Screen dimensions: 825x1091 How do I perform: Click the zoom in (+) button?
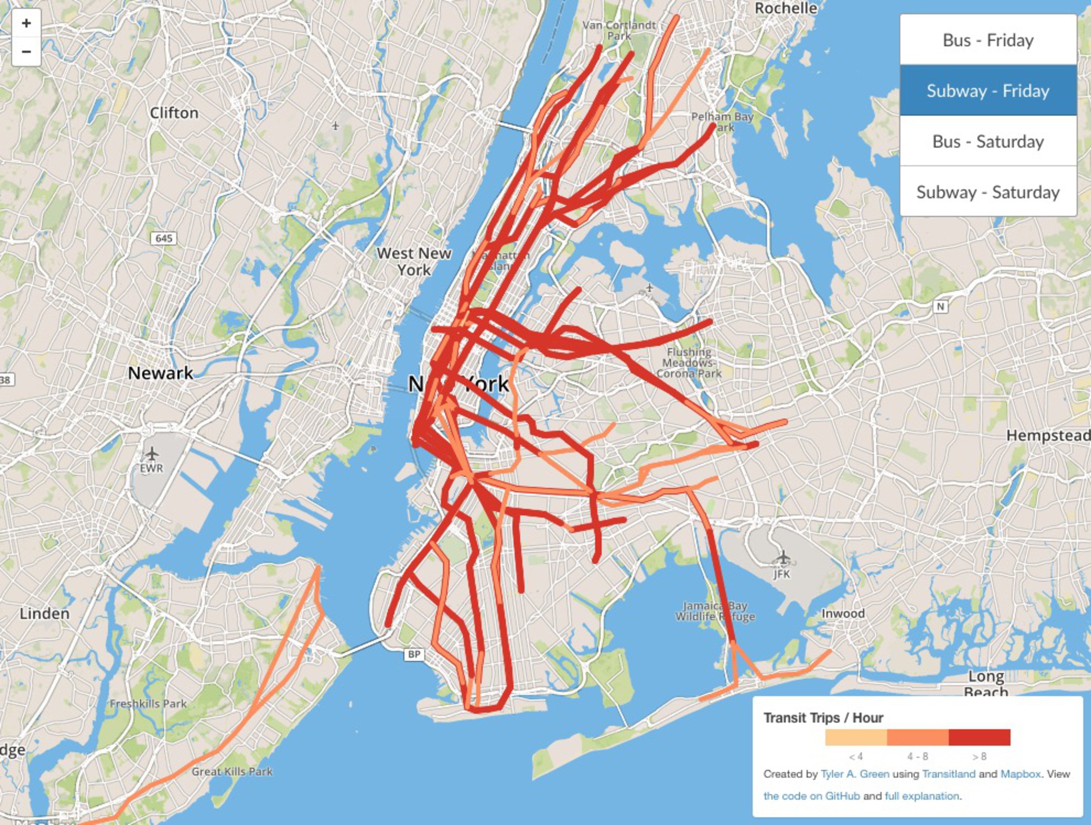click(x=27, y=23)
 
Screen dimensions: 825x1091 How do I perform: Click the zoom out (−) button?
click(x=27, y=51)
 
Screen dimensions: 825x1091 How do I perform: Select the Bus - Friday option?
click(x=988, y=40)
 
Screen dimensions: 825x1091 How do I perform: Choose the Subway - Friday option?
click(x=988, y=91)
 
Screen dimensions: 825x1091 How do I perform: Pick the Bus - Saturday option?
click(x=988, y=142)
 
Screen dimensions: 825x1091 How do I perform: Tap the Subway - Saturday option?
click(x=988, y=192)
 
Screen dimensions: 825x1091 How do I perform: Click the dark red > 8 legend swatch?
click(x=979, y=737)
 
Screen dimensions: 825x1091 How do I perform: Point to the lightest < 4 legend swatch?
click(x=856, y=737)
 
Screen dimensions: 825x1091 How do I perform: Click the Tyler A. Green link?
click(x=855, y=774)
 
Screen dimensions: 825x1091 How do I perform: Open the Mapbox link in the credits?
click(x=1021, y=774)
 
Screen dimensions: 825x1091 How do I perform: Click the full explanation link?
click(x=922, y=796)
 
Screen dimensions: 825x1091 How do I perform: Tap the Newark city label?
click(x=160, y=373)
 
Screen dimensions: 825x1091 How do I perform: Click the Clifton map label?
click(x=174, y=113)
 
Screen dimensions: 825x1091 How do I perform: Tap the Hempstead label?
click(x=1047, y=435)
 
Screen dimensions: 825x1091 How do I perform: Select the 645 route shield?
click(x=164, y=238)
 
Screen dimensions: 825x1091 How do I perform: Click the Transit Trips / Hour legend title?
click(x=823, y=718)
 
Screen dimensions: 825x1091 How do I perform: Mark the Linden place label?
click(x=45, y=614)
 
